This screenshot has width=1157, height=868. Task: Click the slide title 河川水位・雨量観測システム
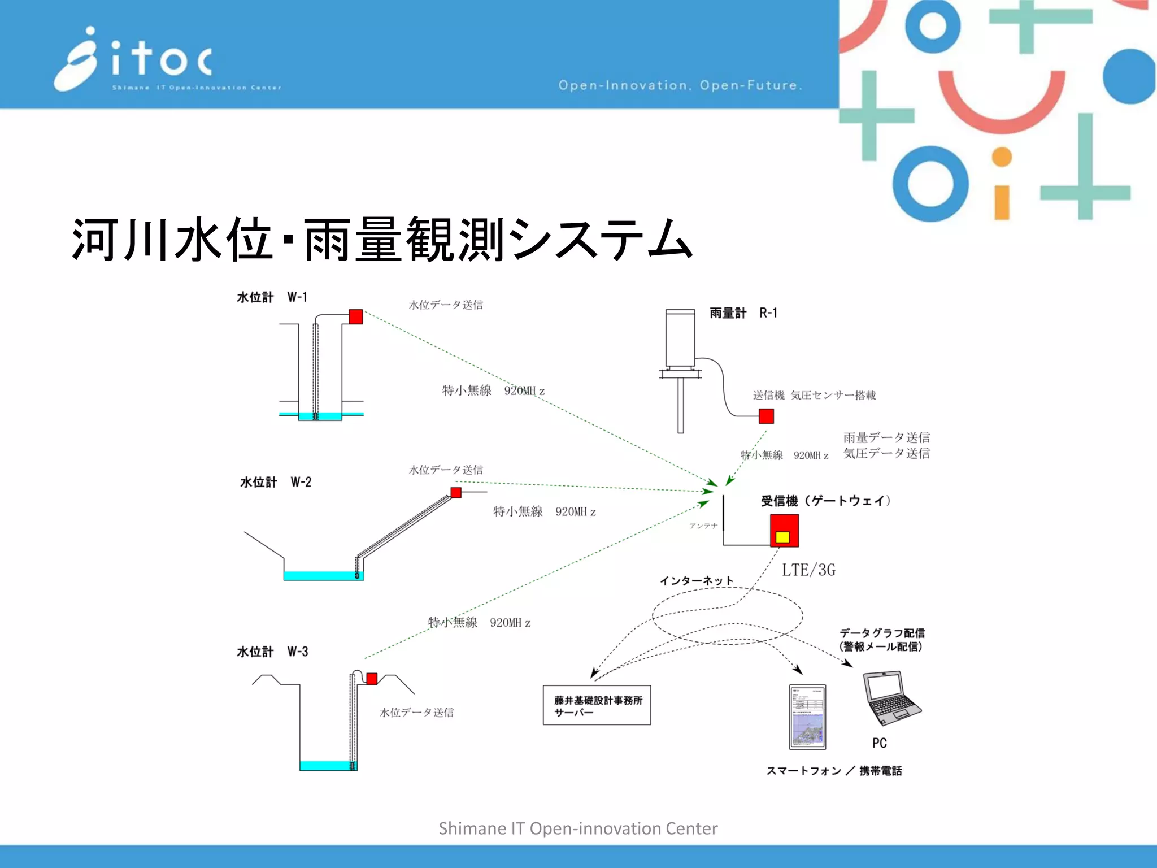(x=382, y=240)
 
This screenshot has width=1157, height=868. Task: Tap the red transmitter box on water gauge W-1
(x=355, y=316)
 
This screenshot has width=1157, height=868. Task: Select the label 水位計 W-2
(x=276, y=482)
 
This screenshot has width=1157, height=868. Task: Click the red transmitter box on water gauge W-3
(x=372, y=679)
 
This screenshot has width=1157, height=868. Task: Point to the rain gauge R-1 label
(x=743, y=313)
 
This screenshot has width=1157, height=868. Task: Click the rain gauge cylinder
(x=680, y=339)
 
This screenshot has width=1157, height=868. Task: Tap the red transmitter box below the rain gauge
(x=766, y=416)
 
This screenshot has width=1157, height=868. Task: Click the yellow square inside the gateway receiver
(x=782, y=537)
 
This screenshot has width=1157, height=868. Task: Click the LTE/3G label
(x=808, y=570)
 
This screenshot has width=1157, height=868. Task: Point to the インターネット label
(x=697, y=581)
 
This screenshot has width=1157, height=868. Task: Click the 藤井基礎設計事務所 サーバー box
(x=597, y=705)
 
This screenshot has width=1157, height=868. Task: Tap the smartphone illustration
(x=807, y=717)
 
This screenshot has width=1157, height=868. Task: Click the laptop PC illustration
(x=891, y=698)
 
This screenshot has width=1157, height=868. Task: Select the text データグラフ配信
(x=882, y=633)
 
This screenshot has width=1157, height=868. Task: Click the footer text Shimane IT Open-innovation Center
(x=578, y=828)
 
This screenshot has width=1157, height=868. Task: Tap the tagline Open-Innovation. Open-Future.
(x=680, y=85)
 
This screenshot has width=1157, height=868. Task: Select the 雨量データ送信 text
(x=886, y=437)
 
